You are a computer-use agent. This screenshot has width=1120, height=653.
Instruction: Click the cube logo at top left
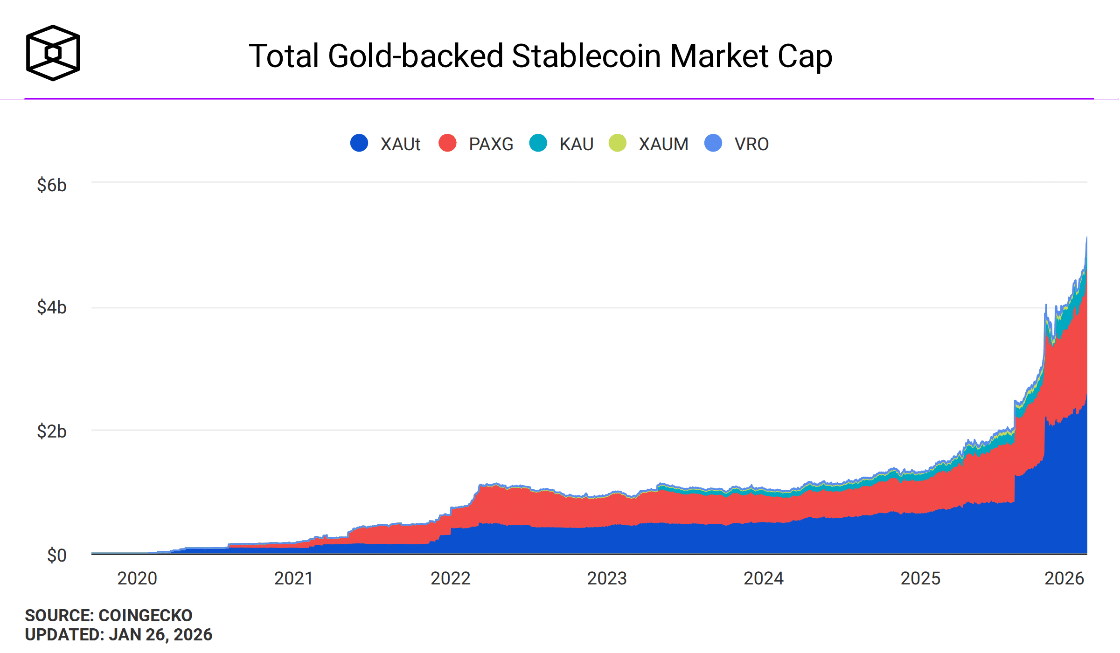pyautogui.click(x=53, y=53)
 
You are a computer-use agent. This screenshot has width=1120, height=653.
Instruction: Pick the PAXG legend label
pyautogui.click(x=491, y=144)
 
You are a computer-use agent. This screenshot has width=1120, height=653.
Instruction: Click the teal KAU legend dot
pyautogui.click(x=538, y=143)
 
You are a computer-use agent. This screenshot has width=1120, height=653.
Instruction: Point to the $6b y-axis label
pyautogui.click(x=52, y=185)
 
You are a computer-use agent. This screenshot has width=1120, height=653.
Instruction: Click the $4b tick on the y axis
pyautogui.click(x=52, y=307)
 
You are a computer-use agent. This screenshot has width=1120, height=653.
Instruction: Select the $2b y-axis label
pyautogui.click(x=52, y=431)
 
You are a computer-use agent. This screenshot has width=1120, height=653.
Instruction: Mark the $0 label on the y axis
pyautogui.click(x=56, y=555)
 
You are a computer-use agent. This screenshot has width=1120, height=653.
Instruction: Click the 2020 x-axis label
pyautogui.click(x=137, y=578)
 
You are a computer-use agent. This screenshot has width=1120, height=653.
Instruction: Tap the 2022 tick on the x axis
pyautogui.click(x=450, y=578)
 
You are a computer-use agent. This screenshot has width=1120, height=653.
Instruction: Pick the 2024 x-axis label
pyautogui.click(x=763, y=578)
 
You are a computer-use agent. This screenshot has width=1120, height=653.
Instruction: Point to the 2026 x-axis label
pyautogui.click(x=1064, y=578)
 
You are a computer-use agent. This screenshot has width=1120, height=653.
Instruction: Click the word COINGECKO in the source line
pyautogui.click(x=145, y=615)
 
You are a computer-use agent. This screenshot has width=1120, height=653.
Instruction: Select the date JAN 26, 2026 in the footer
pyautogui.click(x=160, y=635)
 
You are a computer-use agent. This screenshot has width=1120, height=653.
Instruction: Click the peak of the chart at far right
pyautogui.click(x=1086, y=238)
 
